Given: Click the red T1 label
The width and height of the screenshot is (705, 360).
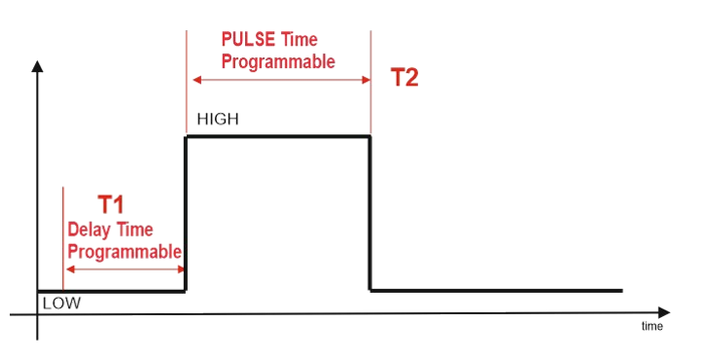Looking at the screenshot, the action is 111,204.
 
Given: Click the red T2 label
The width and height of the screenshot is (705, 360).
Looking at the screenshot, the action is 405,78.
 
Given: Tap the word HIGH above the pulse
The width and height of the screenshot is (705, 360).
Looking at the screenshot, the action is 218,120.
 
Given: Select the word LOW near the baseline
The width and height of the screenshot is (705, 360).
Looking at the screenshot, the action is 61,304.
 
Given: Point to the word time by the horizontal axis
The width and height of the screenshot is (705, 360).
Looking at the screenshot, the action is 652,326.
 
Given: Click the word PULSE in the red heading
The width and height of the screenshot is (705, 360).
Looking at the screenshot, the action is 248,40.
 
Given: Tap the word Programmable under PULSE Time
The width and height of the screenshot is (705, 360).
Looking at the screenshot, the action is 278,61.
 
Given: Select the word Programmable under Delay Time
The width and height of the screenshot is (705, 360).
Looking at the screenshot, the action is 124,252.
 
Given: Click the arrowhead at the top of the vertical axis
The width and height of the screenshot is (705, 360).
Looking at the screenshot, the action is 37,66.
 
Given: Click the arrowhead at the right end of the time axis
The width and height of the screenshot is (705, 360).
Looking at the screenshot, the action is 664,312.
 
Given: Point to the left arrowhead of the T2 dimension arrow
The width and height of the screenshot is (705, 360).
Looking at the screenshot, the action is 196,80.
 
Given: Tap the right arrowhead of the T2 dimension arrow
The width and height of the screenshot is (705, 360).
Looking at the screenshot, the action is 366,80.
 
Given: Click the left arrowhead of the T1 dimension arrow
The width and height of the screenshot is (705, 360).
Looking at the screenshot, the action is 70,270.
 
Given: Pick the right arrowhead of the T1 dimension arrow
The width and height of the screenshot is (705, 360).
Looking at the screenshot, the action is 181,270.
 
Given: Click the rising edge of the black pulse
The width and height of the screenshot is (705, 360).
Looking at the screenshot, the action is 185,214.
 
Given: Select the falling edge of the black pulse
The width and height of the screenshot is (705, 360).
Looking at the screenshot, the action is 370,214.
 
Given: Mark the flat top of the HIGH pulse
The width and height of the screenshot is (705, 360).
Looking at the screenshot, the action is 278,136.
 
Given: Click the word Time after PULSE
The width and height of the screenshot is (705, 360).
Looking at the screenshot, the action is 299,40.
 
